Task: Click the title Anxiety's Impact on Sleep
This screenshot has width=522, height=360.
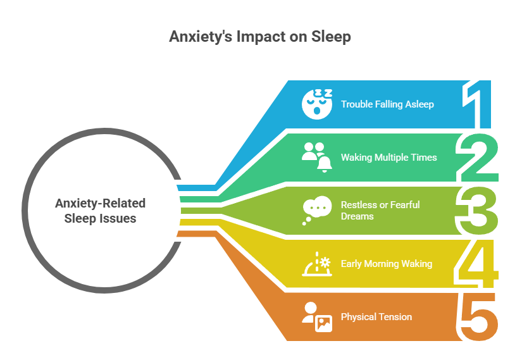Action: (260, 37)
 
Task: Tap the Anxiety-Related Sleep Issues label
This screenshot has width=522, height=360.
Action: (100, 211)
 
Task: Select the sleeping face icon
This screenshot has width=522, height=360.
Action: (316, 104)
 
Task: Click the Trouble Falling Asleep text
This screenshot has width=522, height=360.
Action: (387, 104)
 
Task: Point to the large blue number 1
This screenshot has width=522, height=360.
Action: (478, 105)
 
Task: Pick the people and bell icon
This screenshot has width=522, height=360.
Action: (316, 157)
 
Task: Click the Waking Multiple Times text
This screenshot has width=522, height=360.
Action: (388, 157)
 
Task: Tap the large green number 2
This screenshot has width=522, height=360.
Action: (478, 158)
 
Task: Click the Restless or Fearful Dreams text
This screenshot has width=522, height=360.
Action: (380, 210)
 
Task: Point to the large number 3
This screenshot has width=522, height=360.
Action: (478, 211)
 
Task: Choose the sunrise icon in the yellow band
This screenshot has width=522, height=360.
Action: (316, 263)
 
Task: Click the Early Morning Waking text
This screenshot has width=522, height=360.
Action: (386, 263)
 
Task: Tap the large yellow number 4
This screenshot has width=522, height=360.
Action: (478, 263)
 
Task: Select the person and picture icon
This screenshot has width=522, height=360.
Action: (316, 316)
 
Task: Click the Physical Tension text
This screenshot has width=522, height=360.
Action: (376, 316)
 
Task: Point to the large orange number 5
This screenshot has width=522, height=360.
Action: (478, 316)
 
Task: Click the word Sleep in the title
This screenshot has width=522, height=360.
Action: (331, 37)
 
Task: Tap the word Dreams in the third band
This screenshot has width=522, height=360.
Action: (357, 216)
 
